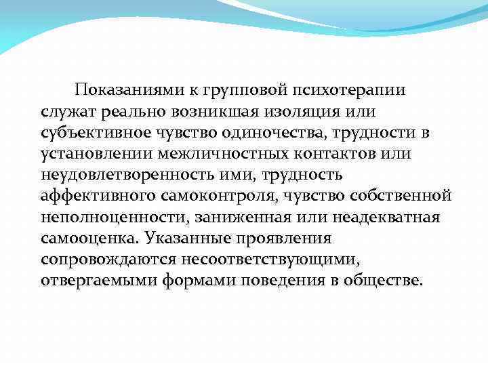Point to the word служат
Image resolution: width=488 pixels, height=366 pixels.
point(66,112)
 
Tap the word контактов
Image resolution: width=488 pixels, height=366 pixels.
point(336,154)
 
